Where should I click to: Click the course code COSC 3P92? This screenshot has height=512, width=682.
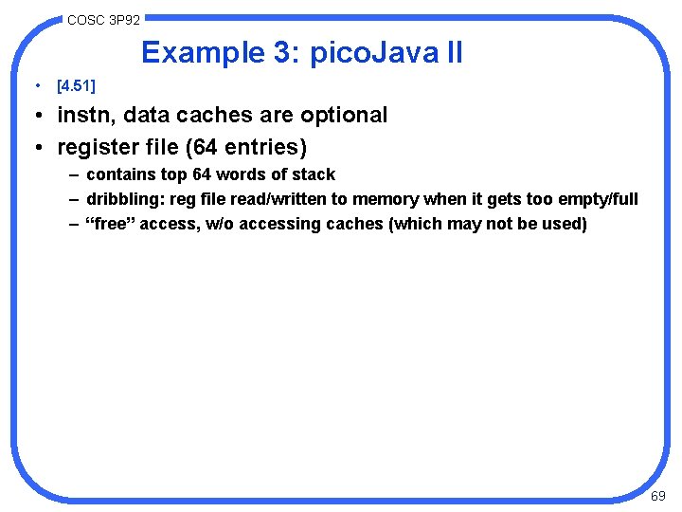coord(103,19)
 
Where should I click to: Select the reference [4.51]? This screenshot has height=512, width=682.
coord(77,86)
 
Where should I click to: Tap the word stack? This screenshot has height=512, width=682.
coord(314,174)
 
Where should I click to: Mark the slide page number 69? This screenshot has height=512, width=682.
coord(657,496)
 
